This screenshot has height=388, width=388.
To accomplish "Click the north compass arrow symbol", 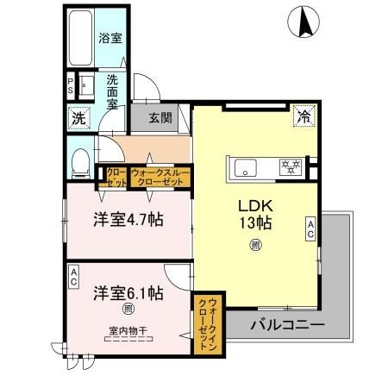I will point(304,22).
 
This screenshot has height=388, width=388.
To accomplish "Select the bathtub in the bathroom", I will point(79,40).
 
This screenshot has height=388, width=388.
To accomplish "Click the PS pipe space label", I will point(71,86).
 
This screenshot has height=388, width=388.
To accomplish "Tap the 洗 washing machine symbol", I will point(77,117).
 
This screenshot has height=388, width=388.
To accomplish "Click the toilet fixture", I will point(79,160).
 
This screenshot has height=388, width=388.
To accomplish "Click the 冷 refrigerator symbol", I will point(304,115).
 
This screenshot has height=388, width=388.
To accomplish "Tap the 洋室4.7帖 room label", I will point(128,219).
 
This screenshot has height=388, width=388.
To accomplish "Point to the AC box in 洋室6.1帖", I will point(73,275).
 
